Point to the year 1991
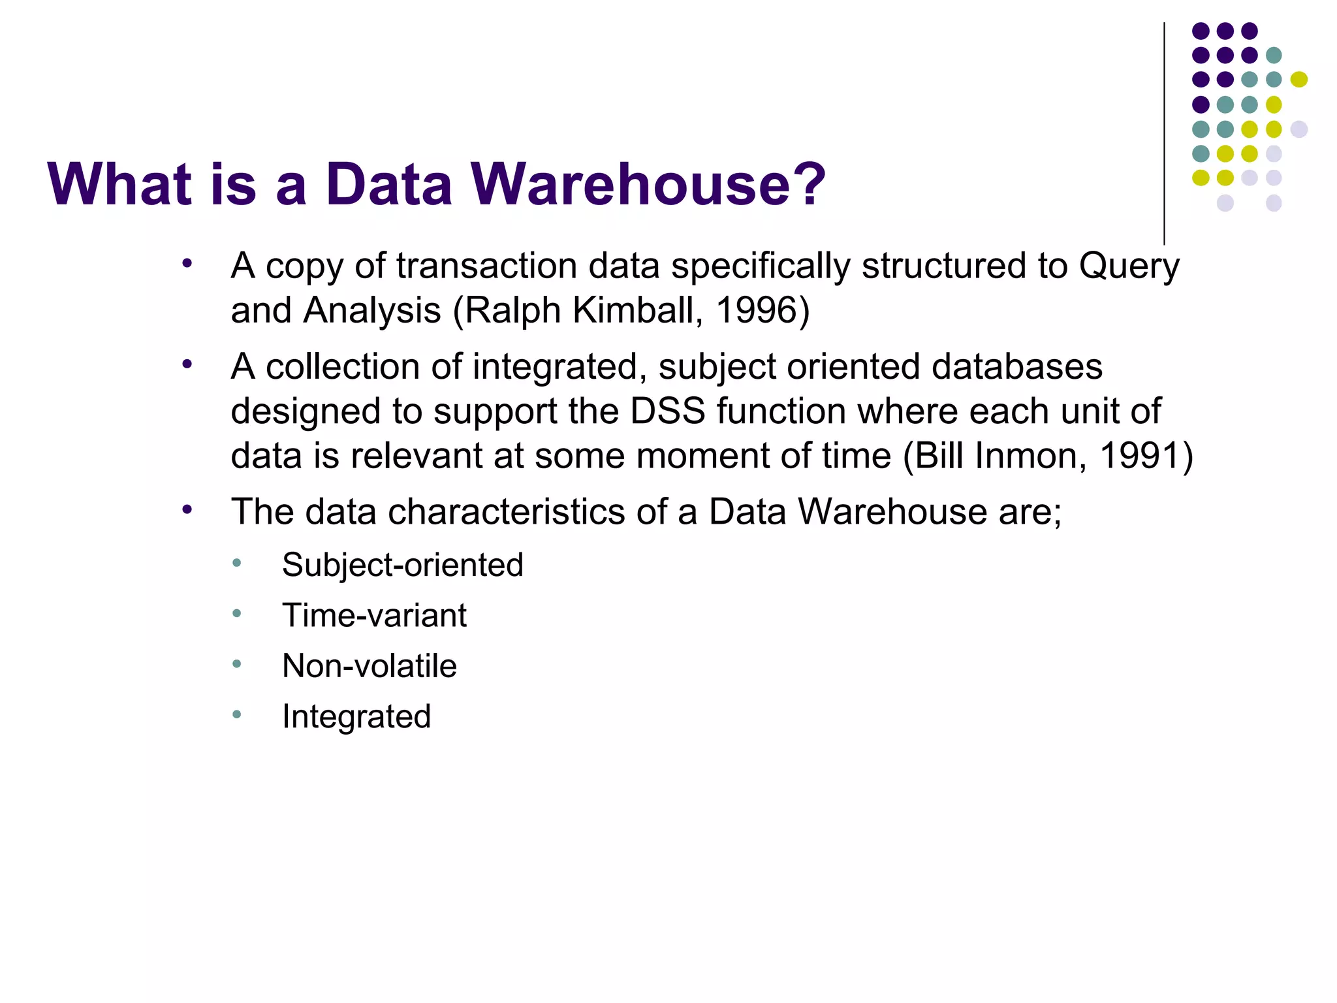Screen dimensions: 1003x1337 pos(1140,456)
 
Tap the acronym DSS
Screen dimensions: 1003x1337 pos(667,411)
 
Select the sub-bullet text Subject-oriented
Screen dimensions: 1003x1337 pos(402,565)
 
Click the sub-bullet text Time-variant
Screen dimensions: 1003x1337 pos(374,615)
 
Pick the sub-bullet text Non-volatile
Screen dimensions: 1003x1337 pos(369,666)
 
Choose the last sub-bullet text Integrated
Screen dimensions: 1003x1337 pos(356,716)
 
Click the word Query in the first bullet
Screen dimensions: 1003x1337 pos(1129,266)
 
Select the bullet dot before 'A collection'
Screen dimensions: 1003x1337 pos(187,364)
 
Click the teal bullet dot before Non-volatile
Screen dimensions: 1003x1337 pos(237,664)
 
